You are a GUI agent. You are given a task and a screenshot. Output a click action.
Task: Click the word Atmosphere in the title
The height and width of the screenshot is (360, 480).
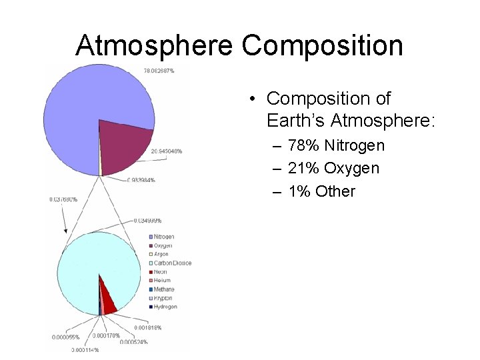pos(154,45)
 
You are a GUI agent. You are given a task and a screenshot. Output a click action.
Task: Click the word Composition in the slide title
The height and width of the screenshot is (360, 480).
pos(322,45)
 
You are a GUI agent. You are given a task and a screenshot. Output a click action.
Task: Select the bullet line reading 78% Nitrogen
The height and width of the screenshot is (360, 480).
pos(336,145)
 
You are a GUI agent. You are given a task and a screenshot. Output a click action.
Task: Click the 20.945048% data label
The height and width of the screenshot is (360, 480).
pos(166,151)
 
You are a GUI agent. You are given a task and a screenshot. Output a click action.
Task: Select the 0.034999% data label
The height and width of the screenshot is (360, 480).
pos(147,220)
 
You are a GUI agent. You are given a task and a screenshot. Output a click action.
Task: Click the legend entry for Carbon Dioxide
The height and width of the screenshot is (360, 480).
pos(171,263)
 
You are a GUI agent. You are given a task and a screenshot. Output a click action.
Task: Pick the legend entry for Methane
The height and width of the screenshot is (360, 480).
pos(163,289)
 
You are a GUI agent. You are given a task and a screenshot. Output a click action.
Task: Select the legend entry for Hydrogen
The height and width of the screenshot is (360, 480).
pos(165,307)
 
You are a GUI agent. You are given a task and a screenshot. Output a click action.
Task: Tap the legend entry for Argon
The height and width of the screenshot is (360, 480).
pos(161,254)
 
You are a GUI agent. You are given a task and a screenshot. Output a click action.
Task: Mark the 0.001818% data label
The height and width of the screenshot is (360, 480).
pos(147,328)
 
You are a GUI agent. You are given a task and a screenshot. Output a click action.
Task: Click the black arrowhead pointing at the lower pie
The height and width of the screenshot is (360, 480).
pos(65,230)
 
